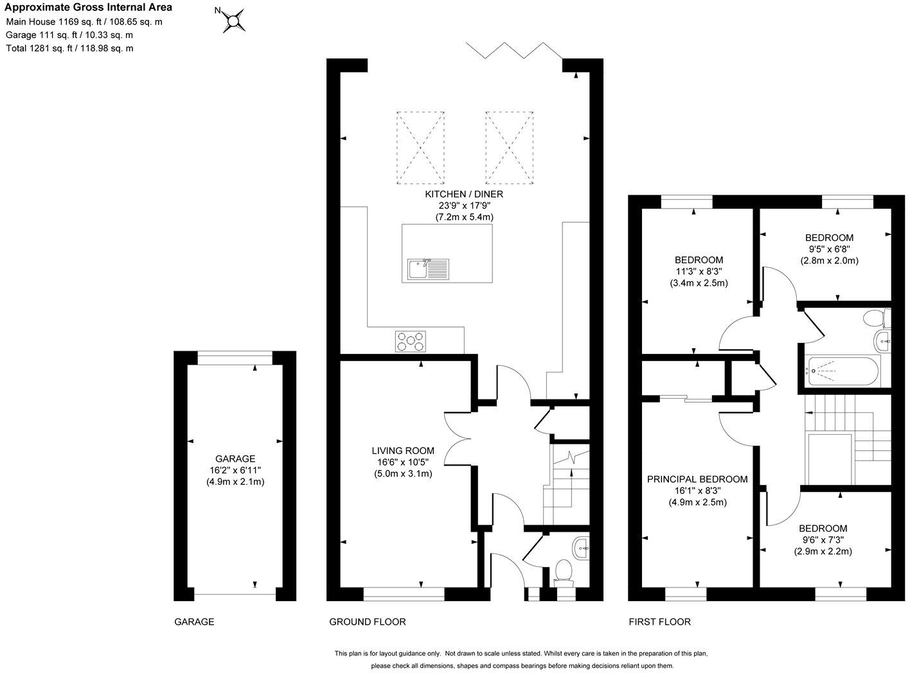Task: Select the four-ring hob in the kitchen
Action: click(x=411, y=341)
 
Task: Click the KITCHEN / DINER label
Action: click(x=464, y=194)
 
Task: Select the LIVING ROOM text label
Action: click(x=403, y=451)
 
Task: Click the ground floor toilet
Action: click(x=564, y=571)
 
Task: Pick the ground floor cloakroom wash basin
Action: click(x=582, y=548)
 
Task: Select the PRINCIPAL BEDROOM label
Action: click(x=697, y=479)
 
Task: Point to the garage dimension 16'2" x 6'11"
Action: click(x=235, y=470)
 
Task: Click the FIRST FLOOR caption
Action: click(x=659, y=622)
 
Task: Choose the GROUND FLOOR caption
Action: click(x=368, y=622)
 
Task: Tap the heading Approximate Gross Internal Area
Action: click(x=89, y=8)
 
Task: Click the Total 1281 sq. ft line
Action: click(x=69, y=48)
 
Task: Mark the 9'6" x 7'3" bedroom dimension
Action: click(x=823, y=540)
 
